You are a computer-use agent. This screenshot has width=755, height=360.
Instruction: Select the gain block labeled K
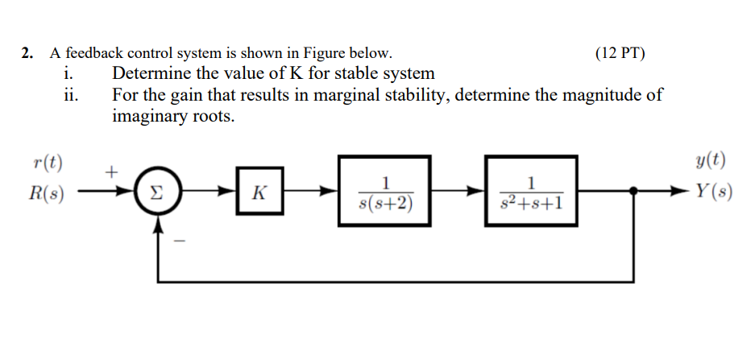pos(259,193)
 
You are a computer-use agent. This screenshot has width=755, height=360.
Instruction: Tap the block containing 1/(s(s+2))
pos(384,193)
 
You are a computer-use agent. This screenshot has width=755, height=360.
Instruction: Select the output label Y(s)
pos(712,193)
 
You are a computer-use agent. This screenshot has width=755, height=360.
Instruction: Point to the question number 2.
pos(27,54)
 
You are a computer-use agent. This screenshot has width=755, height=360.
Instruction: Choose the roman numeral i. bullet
pos(69,74)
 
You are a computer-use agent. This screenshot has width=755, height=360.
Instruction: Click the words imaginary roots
pos(173,116)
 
